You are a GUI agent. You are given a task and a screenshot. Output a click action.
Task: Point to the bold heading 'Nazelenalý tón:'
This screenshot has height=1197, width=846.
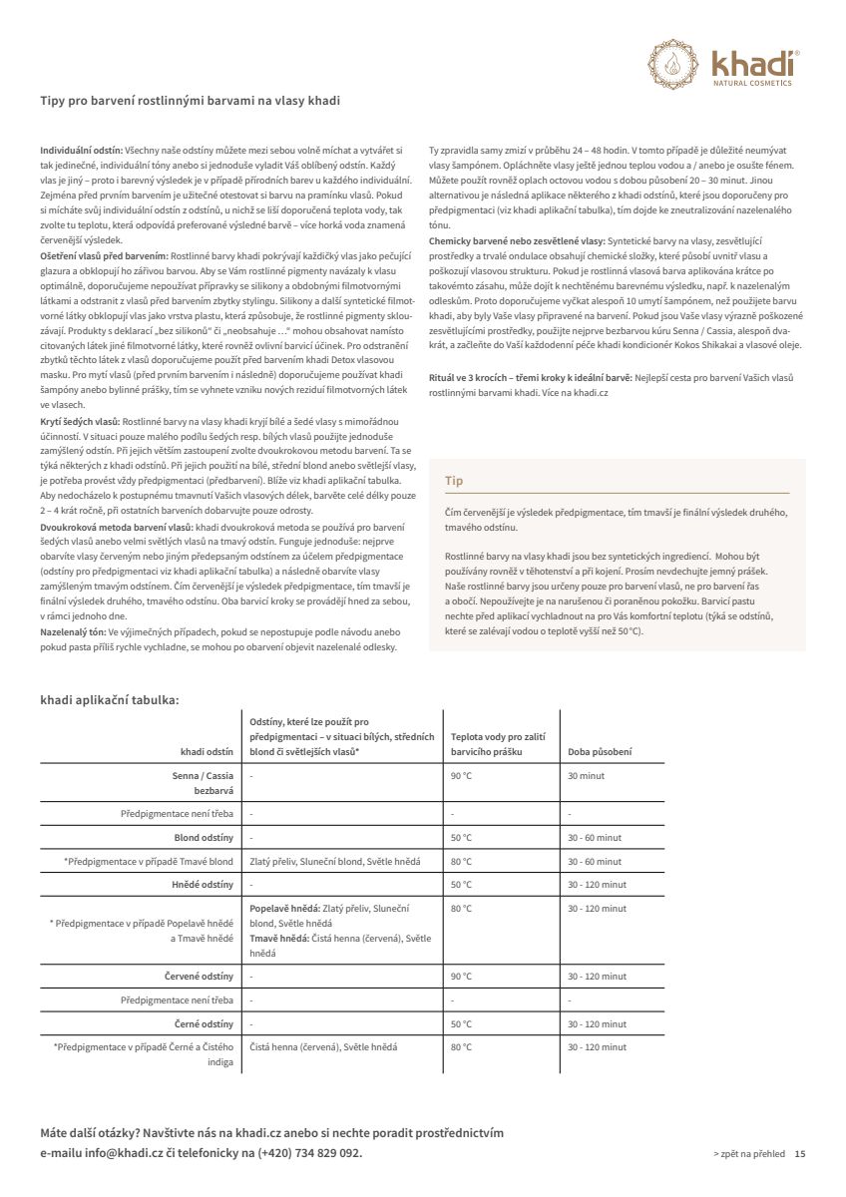point(73,632)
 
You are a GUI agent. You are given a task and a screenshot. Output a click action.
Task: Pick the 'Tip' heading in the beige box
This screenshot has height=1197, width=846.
point(454,481)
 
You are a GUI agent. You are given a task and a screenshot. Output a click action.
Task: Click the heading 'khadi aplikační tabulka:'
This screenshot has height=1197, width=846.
point(110,699)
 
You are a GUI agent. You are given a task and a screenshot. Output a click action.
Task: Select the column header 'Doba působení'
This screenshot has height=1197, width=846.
point(600,751)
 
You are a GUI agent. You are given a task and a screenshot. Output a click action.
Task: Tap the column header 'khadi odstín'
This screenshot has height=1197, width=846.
point(207,751)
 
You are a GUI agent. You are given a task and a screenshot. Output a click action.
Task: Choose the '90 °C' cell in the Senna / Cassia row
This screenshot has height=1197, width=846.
point(460,775)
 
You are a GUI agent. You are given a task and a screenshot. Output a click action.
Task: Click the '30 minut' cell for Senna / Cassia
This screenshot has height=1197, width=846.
point(586,775)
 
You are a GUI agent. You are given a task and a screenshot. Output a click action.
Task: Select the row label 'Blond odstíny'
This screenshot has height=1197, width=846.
point(204,838)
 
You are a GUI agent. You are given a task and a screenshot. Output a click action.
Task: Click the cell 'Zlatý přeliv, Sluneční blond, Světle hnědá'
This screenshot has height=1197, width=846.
point(334,861)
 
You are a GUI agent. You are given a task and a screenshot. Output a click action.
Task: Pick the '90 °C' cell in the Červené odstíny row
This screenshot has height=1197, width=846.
point(460,976)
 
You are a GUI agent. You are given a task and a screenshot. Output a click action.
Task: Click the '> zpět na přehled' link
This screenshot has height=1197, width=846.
point(749,1153)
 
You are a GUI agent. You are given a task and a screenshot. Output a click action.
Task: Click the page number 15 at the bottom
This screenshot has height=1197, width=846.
point(800,1153)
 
